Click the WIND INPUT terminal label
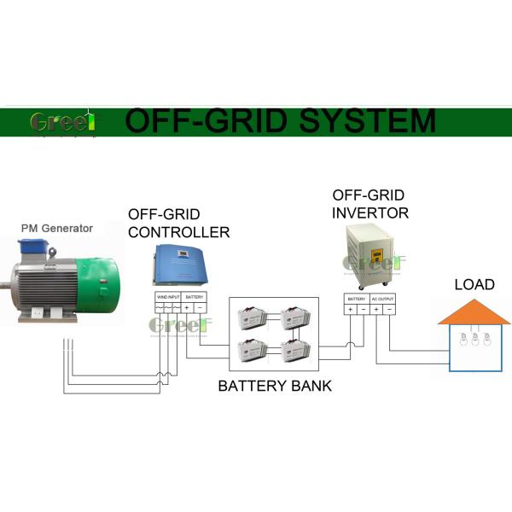(x=168, y=296)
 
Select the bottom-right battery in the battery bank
(x=296, y=351)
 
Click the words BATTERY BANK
(x=275, y=386)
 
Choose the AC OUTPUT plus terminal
(x=377, y=310)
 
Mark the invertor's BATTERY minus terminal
(x=362, y=310)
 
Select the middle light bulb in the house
(x=474, y=340)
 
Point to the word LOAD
(x=474, y=284)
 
